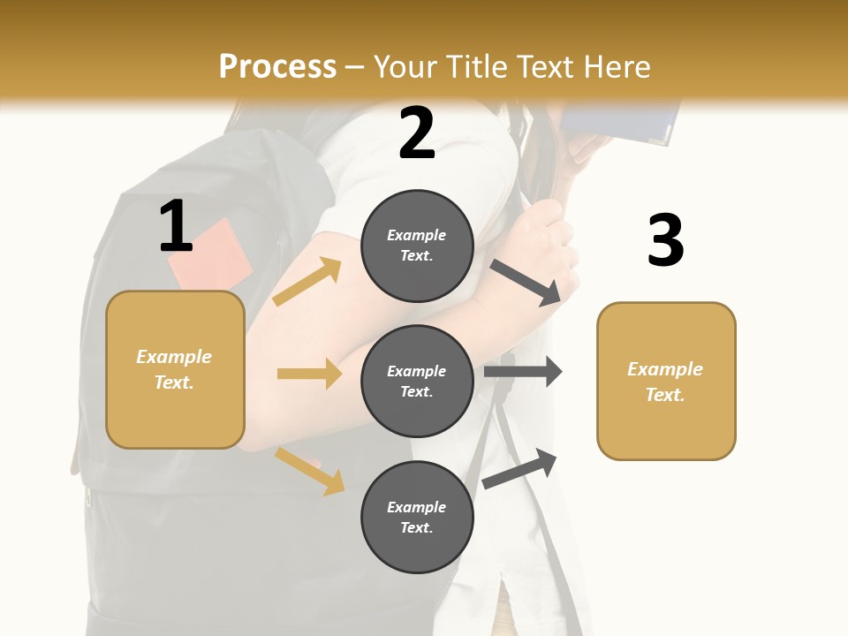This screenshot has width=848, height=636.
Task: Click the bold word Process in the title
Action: click(x=277, y=67)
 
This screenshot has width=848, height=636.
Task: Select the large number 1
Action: click(x=176, y=226)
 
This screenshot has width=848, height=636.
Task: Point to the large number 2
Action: click(x=417, y=133)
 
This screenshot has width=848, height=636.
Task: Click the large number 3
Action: click(x=665, y=240)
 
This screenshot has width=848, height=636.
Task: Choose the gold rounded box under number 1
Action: click(x=175, y=369)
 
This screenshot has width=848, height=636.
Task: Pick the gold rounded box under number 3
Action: click(x=666, y=381)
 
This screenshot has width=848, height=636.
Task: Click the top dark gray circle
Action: click(x=417, y=245)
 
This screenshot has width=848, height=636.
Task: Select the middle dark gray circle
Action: click(x=417, y=381)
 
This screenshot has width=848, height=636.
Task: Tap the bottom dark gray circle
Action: click(x=417, y=517)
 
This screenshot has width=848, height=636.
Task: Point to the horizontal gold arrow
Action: click(x=309, y=374)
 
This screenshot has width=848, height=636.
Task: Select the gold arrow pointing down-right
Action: click(x=310, y=471)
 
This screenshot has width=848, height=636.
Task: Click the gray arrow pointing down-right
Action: click(x=526, y=282)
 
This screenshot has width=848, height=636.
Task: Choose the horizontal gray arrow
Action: click(x=523, y=372)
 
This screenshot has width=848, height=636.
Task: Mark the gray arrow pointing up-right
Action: click(x=520, y=468)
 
